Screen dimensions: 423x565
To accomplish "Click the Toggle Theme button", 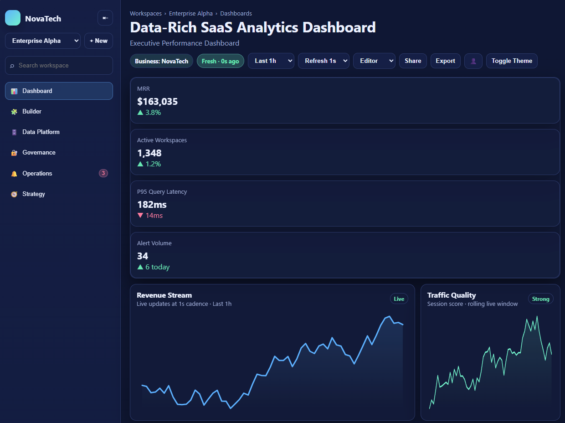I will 512,61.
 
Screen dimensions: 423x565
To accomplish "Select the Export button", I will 445,61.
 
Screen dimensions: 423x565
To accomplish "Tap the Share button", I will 413,61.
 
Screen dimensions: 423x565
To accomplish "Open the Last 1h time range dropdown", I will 271,61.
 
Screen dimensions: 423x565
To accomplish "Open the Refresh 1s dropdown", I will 324,61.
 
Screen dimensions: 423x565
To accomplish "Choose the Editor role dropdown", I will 374,61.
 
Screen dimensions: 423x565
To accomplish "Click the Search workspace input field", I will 59,66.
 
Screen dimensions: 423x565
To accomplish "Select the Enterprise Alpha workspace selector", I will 43,41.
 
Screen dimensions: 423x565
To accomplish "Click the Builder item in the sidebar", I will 32,112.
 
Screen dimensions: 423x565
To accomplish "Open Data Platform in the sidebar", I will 41,132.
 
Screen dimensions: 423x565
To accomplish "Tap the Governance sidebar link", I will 39,153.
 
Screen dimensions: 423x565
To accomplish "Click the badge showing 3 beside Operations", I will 103,173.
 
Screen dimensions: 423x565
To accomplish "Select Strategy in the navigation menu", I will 34,194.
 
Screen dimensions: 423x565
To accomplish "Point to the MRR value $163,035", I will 157,102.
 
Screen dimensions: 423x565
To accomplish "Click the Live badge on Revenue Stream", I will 399,299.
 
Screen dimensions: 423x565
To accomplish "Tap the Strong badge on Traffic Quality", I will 540,299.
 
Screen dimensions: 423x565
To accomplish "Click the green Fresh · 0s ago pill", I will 221,61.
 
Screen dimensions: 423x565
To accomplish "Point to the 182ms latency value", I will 152,205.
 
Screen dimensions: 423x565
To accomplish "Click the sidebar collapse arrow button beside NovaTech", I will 105,18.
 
